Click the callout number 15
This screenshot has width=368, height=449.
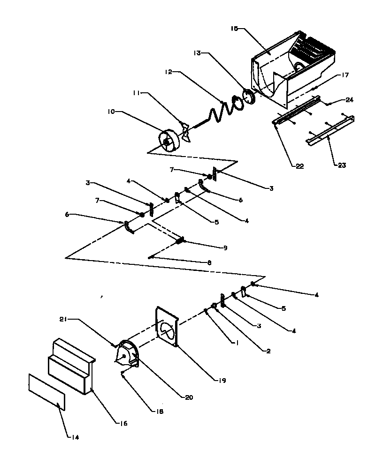tap(234, 29)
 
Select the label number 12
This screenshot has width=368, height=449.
tap(169, 72)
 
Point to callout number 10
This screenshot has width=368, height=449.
tap(111, 112)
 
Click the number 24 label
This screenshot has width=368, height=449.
tap(350, 99)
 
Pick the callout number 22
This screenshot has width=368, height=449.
tap(299, 166)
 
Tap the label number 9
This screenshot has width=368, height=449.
tap(225, 247)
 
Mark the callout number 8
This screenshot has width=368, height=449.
tap(209, 263)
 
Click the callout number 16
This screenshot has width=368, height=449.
tap(122, 423)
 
